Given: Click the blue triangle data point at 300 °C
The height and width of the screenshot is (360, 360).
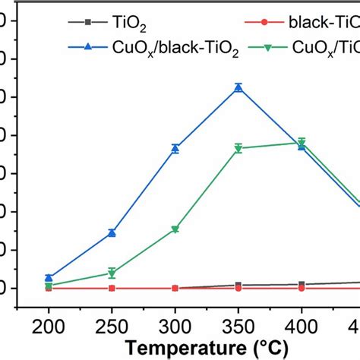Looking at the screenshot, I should pos(175,149).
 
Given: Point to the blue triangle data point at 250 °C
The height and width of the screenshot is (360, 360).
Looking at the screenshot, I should pos(112,232).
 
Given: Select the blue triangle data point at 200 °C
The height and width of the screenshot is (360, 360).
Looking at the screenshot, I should pos(49,277).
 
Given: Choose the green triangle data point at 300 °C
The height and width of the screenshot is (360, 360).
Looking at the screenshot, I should pos(175,229).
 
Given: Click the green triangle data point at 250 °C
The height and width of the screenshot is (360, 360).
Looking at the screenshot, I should pos(112,273).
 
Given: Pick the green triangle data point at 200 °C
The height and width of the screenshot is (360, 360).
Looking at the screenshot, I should pos(49,286).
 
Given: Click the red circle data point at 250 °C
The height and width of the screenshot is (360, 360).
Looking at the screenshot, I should pos(112,288).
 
